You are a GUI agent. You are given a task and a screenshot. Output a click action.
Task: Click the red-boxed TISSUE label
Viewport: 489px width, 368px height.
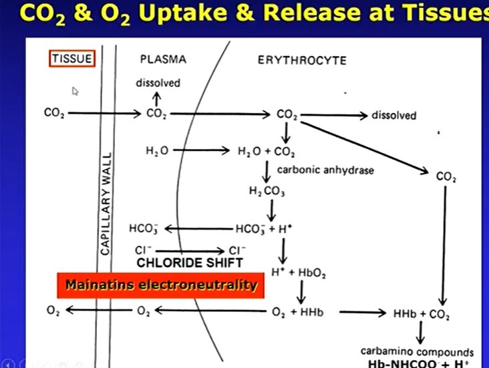(x=73, y=59)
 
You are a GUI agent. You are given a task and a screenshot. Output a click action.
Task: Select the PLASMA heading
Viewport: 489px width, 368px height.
(x=163, y=59)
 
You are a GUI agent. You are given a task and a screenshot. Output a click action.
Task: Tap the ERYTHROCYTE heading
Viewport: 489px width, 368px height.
(x=302, y=60)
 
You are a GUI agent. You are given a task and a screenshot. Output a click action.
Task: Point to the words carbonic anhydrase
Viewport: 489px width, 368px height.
(x=325, y=170)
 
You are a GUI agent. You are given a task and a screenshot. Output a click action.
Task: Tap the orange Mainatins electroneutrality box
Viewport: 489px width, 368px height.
(x=160, y=285)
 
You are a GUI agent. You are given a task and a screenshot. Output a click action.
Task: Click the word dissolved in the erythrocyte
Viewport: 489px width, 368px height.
(x=393, y=116)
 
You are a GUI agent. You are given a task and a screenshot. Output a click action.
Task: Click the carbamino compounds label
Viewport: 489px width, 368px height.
(x=417, y=352)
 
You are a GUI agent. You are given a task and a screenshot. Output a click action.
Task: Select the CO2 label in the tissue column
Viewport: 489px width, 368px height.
(x=53, y=114)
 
